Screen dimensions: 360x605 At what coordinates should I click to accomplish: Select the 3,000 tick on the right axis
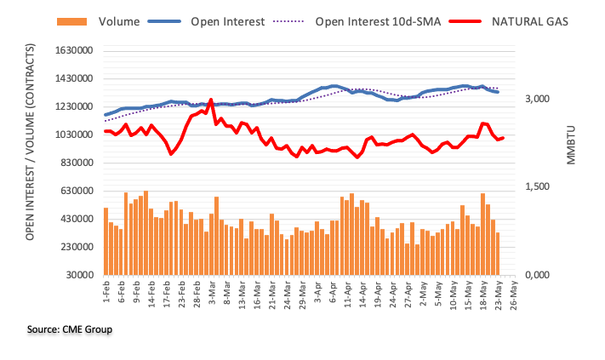click(541, 100)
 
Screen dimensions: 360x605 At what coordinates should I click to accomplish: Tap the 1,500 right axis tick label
click(541, 187)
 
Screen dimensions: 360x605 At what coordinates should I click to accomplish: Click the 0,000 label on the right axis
click(541, 276)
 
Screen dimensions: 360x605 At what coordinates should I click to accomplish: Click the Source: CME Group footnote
click(70, 329)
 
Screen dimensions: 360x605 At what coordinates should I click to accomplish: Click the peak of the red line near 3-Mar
click(210, 100)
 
